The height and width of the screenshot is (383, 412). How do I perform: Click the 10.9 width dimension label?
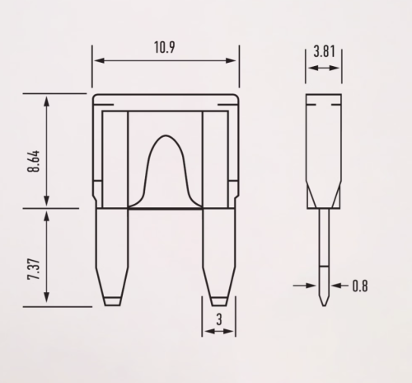pos(164,47)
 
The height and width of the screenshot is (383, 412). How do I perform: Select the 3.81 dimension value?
pos(325,51)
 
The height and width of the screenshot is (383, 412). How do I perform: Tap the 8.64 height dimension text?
pos(34,161)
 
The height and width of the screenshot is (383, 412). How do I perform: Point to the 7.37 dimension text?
pos(34,269)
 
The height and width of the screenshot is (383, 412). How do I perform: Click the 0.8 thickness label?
pos(360,286)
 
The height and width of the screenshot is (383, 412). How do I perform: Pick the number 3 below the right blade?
pos(219,319)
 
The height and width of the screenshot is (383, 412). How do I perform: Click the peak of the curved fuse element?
pos(166,135)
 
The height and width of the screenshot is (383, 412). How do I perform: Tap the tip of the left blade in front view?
pos(112,305)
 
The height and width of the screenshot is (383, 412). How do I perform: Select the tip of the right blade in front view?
pos(219,305)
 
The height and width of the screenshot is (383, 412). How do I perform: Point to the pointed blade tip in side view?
pos(324,305)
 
